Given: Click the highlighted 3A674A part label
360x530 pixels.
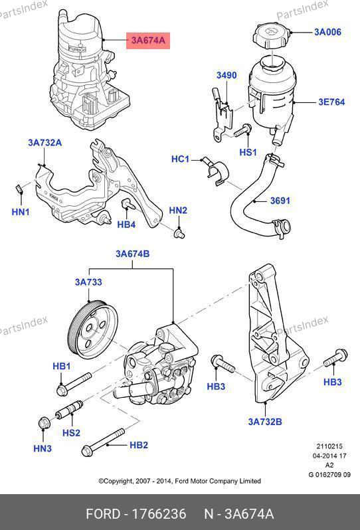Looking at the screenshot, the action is coord(148,41).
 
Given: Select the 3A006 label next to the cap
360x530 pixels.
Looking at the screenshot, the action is coord(327,32).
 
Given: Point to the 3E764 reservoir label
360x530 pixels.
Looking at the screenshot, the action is coord(331,102).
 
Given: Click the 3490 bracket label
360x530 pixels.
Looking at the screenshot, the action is coord(226,75).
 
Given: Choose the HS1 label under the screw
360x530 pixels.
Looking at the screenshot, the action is coord(248,153).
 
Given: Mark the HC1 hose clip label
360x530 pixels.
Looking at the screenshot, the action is coord(180,159).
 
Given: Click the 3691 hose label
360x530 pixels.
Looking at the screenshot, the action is coord(280,201).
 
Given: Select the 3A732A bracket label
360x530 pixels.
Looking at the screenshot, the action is coord(45,143).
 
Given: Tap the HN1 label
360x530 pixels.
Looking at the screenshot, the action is coord(21,212).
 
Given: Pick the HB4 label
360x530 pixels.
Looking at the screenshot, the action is coord(126,224).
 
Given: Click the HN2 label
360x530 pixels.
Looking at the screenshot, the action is coord(178,211).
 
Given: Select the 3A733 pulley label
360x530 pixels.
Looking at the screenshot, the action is coord(88,282).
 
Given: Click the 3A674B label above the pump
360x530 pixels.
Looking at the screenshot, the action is coord(132,254).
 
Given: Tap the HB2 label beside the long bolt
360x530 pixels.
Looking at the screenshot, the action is coord(139,445).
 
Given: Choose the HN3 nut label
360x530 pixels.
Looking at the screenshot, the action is coord(43,448).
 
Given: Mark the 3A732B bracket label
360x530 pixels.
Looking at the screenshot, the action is coord(265,422).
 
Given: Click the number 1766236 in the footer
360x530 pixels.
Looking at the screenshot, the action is coord(159,514).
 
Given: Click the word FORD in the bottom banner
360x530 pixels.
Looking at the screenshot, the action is coord(103,514).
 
